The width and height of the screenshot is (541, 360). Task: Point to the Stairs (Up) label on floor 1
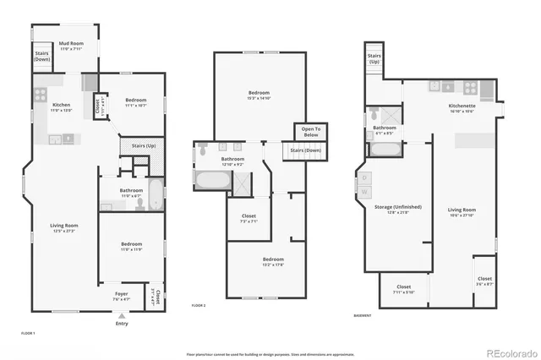coord(144,146)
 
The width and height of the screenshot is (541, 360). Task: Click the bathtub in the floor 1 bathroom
coord(156,196)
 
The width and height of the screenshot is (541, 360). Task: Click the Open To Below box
coord(311,133)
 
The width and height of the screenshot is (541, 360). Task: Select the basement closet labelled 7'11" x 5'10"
coord(403,289)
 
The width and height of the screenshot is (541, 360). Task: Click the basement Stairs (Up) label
coord(374,59)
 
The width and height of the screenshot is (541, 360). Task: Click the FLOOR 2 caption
coord(199,304)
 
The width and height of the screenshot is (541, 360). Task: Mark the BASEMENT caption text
coord(364,315)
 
